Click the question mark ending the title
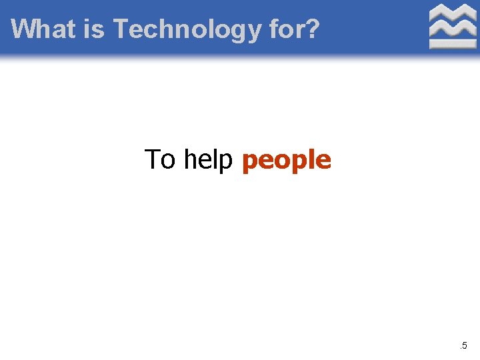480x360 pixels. [311, 29]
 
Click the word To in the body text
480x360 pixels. [161, 160]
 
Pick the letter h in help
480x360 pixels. [191, 160]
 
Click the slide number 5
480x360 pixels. [465, 345]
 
